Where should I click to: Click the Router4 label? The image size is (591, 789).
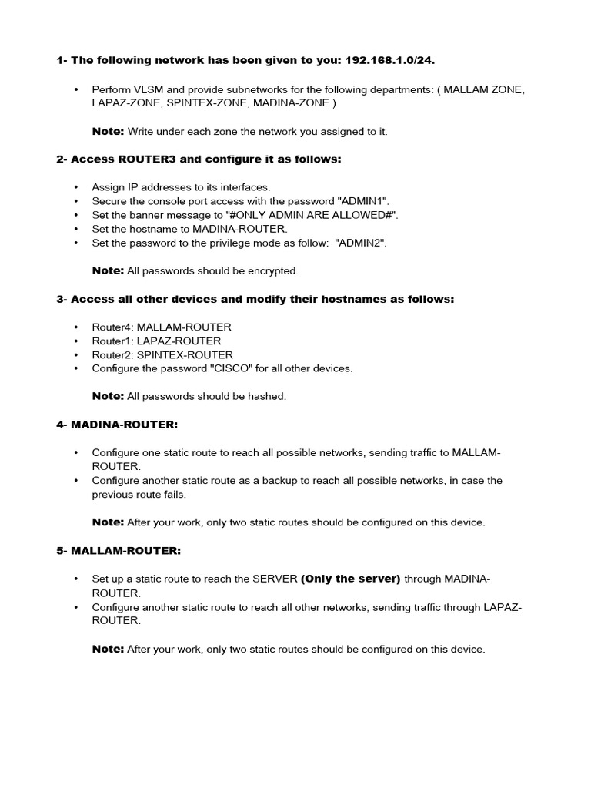click(x=112, y=327)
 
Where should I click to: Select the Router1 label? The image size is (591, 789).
click(x=112, y=341)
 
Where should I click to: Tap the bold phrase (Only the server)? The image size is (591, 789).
click(x=350, y=579)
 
